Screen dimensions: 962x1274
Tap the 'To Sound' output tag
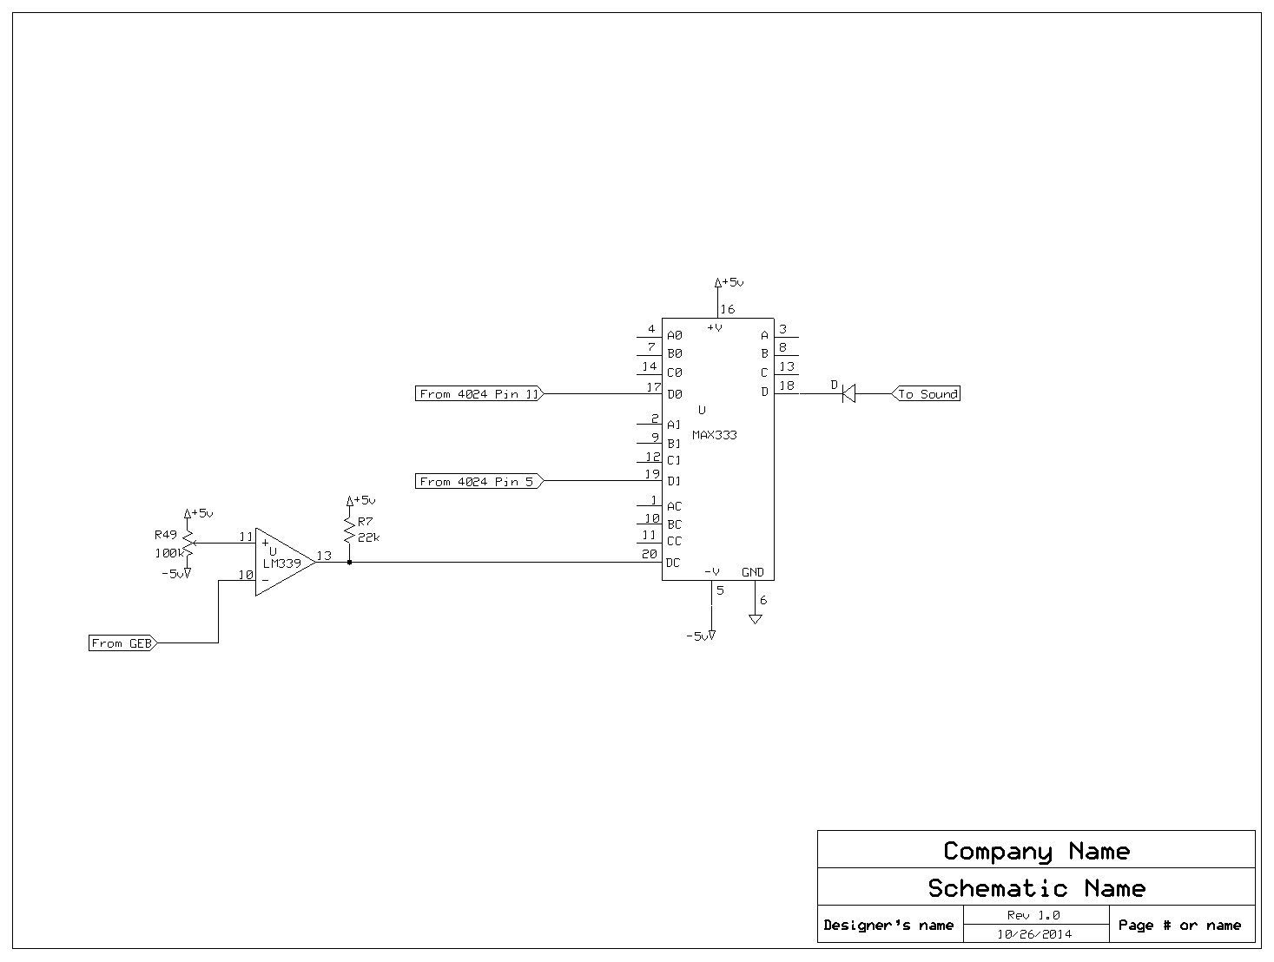pyautogui.click(x=926, y=394)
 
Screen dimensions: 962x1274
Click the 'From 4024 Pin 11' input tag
pyautogui.click(x=479, y=394)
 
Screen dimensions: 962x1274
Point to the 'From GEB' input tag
pyautogui.click(x=122, y=643)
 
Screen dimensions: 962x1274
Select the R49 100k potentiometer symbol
pyautogui.click(x=188, y=544)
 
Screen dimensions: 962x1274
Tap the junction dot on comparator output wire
pyautogui.click(x=349, y=563)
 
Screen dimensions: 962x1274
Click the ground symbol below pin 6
pyautogui.click(x=756, y=618)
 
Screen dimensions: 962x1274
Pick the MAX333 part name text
pyautogui.click(x=714, y=435)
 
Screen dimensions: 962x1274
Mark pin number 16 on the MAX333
pyautogui.click(x=727, y=309)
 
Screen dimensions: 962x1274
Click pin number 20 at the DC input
pyautogui.click(x=650, y=555)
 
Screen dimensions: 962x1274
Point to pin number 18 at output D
pyautogui.click(x=786, y=385)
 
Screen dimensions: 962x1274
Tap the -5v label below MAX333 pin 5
pyautogui.click(x=698, y=636)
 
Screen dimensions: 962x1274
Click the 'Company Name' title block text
pyautogui.click(x=1036, y=851)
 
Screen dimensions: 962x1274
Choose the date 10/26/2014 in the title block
pyautogui.click(x=1033, y=934)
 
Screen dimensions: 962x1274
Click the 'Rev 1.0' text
pyautogui.click(x=1033, y=915)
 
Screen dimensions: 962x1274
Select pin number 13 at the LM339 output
pyautogui.click(x=323, y=556)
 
